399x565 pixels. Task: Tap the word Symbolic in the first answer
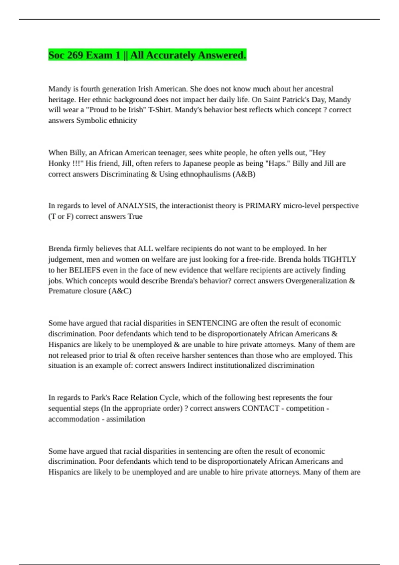point(90,120)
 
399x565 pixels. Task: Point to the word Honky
point(59,163)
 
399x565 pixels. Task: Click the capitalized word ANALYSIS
point(136,206)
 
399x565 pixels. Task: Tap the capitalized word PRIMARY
point(263,206)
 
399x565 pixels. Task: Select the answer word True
point(135,216)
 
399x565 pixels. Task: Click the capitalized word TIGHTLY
point(339,259)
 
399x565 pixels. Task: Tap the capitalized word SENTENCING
point(212,323)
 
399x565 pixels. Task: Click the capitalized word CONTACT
point(260,408)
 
